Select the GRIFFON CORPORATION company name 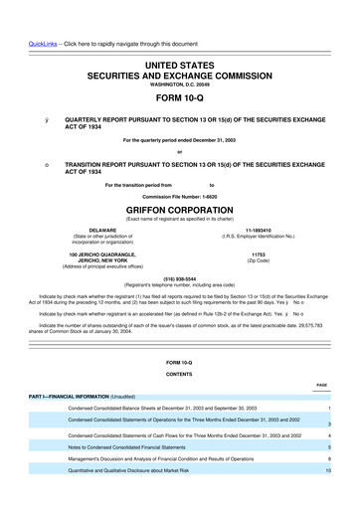(x=179, y=211)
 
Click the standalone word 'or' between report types (x=179, y=151)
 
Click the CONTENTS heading (x=179, y=373)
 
